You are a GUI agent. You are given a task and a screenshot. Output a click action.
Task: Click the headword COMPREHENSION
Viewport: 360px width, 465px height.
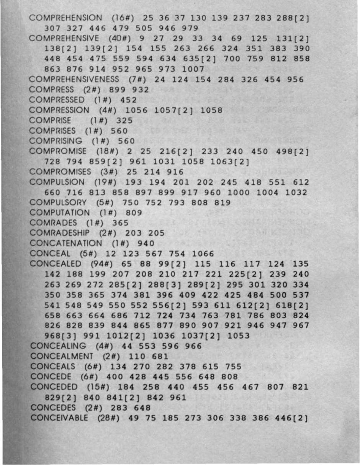pos(65,18)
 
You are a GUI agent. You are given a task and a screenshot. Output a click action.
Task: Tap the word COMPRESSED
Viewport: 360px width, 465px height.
pos(57,100)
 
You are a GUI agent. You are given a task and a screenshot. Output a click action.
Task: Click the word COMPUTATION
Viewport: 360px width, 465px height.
pos(60,212)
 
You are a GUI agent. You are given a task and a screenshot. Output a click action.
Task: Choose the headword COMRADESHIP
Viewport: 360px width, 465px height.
pos(60,233)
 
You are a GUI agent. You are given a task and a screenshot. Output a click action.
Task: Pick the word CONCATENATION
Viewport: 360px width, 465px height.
pos(66,243)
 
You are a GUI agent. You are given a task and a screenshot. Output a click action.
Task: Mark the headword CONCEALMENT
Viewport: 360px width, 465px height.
pos(62,356)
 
